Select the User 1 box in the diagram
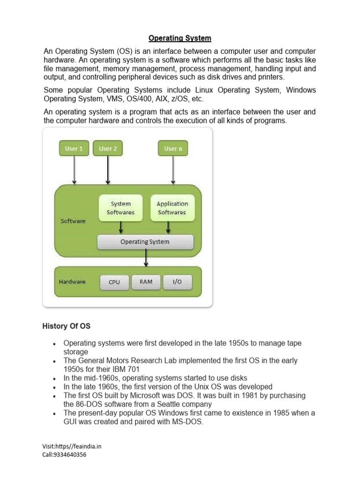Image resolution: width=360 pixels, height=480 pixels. (x=74, y=149)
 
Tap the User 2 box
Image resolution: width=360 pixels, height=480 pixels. (x=108, y=149)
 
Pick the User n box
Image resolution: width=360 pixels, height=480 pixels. (x=173, y=149)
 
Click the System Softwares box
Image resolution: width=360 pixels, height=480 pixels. (x=120, y=208)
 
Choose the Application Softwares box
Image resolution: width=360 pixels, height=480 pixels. (x=172, y=208)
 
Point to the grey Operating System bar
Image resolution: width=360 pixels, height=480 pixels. (x=145, y=242)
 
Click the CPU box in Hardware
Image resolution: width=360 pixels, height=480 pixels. (x=114, y=282)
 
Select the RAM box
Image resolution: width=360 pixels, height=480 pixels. (x=146, y=282)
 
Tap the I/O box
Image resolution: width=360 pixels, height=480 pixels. (x=177, y=282)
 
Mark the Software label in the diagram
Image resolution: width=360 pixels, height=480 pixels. (x=73, y=221)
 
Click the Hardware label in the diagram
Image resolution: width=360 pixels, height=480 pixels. (x=72, y=282)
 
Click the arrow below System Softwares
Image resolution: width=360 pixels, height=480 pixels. (x=121, y=227)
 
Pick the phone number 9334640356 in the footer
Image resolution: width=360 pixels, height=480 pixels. (x=71, y=454)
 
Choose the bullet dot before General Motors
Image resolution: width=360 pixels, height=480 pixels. (x=55, y=361)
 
